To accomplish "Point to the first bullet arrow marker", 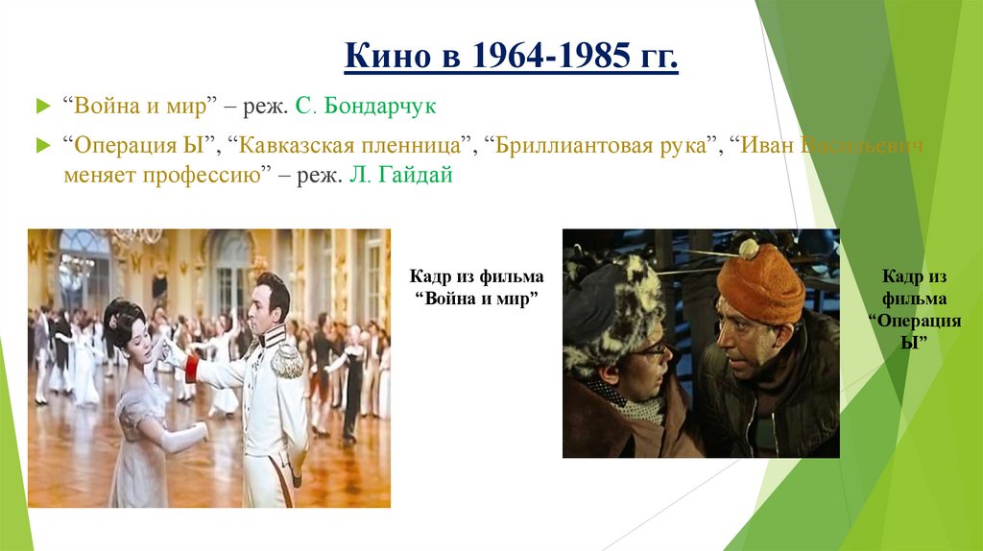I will tap(41, 106).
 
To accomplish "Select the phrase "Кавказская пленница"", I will tap(352, 146).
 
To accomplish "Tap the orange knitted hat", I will tap(759, 284).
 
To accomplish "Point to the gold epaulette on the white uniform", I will tap(285, 360).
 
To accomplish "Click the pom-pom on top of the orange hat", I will tap(749, 250).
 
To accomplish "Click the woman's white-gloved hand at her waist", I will tap(197, 432).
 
